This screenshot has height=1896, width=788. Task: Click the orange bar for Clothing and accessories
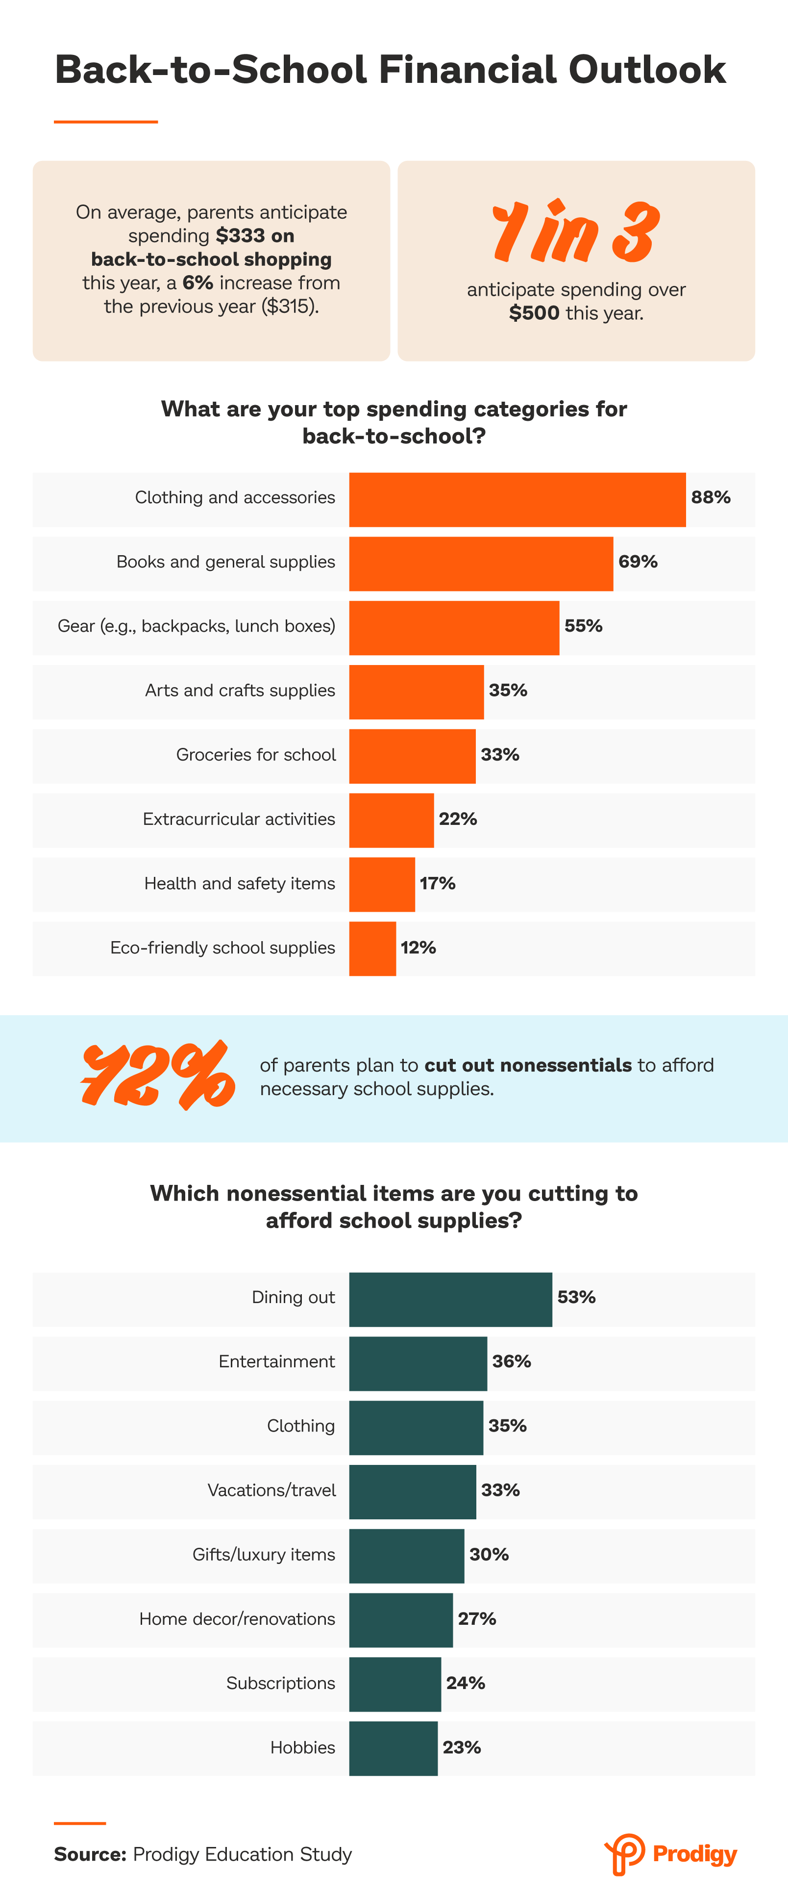[517, 499]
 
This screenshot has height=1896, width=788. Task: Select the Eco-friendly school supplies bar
[372, 949]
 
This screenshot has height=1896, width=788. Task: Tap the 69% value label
[638, 562]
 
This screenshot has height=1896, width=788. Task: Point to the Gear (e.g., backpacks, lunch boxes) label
[197, 626]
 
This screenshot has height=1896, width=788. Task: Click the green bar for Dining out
[450, 1299]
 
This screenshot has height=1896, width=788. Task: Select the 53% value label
[576, 1297]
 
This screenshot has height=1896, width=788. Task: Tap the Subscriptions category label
[280, 1683]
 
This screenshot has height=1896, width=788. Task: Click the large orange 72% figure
[158, 1076]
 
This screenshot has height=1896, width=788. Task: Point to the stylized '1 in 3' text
[575, 232]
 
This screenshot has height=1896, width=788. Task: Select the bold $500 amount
[534, 313]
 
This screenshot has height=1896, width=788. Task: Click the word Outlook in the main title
[647, 70]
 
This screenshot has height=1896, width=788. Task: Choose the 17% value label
[438, 883]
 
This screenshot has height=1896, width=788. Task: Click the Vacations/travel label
[271, 1490]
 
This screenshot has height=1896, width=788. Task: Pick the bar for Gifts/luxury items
[406, 1556]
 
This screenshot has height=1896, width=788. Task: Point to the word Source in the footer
[89, 1854]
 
